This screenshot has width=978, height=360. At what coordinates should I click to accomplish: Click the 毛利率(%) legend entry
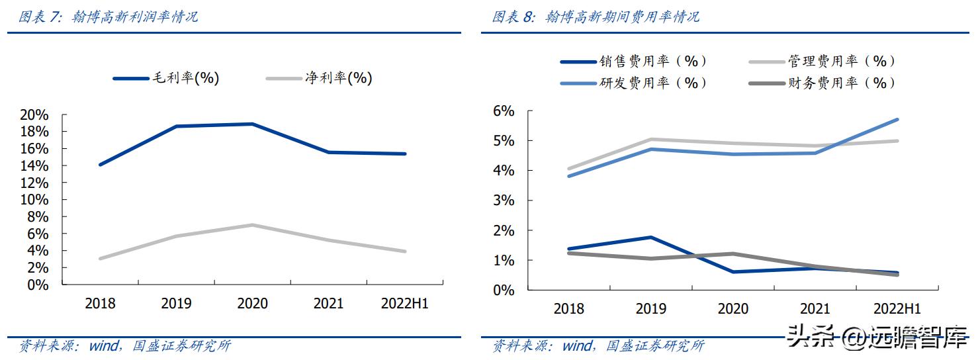tap(166, 78)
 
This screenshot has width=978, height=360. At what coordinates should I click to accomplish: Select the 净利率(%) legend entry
tap(319, 78)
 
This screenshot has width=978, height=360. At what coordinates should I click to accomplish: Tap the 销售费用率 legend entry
tap(633, 62)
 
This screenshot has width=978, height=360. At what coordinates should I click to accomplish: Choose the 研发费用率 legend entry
tap(633, 83)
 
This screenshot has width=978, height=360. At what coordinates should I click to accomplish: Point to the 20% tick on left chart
tap(34, 114)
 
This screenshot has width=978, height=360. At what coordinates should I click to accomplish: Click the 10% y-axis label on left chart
tap(34, 200)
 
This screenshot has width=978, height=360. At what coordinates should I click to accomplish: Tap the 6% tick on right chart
tap(503, 111)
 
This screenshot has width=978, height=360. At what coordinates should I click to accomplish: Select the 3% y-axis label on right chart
tap(503, 201)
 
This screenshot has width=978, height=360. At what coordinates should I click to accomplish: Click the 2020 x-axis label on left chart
tap(252, 304)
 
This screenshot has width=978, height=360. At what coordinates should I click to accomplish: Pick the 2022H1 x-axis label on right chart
tap(897, 309)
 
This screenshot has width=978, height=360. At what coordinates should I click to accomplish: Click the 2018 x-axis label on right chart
tap(568, 309)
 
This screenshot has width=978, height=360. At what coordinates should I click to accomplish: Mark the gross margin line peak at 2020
tap(252, 124)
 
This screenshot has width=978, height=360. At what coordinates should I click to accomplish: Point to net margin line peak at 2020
tap(252, 225)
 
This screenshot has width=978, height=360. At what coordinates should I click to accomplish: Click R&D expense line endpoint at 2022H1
tap(897, 120)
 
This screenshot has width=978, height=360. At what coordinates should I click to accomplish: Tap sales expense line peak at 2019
tap(650, 237)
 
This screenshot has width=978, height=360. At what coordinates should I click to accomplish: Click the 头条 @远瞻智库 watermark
tap(877, 339)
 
